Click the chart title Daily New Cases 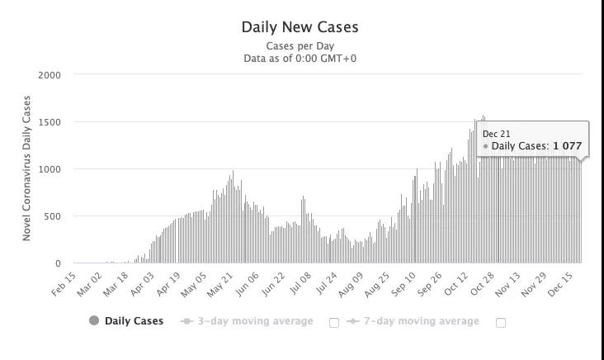pos(300,26)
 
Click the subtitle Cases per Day pos(300,46)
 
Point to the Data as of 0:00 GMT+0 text pos(300,59)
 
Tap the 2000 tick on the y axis pos(50,75)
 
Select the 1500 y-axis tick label pos(50,122)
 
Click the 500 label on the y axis pos(52,216)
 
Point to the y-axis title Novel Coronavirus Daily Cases pos(26,168)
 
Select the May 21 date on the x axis pos(223,283)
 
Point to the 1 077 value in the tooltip pos(567,146)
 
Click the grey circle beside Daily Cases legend pos(94,321)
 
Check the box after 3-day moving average pos(334,323)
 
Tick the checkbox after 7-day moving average pos(501,323)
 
